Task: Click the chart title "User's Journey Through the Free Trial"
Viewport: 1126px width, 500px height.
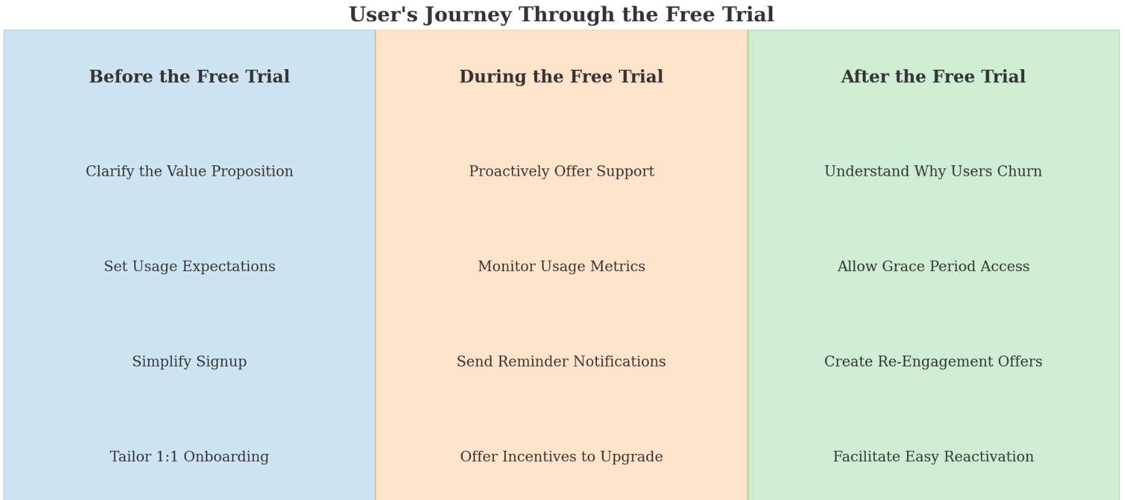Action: click(561, 14)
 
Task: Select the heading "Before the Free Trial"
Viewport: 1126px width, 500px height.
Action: click(189, 77)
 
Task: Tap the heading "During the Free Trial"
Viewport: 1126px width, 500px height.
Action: click(561, 77)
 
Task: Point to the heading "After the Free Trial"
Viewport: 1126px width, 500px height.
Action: click(933, 77)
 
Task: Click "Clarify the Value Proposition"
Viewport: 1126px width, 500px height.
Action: click(189, 171)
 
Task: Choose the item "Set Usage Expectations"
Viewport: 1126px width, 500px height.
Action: click(189, 267)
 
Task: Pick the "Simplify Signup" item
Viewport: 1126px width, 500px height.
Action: click(189, 362)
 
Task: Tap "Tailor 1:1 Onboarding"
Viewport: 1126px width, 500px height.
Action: click(189, 457)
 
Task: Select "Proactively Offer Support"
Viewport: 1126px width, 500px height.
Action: click(561, 171)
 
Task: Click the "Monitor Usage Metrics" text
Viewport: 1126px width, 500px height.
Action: click(561, 267)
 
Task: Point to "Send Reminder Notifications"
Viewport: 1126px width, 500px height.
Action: click(561, 362)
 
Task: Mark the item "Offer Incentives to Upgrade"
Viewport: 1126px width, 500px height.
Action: click(561, 457)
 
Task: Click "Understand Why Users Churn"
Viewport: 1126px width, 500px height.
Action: click(933, 171)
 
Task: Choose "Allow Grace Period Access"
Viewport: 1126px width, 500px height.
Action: click(933, 267)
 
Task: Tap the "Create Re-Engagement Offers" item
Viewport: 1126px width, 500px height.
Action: click(933, 362)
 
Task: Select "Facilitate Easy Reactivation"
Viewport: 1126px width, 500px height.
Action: click(933, 457)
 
